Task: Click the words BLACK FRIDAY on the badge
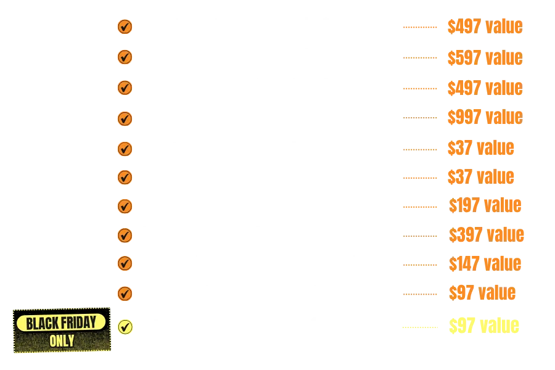[62, 323]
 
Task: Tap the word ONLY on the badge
[62, 340]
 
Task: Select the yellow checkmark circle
[125, 326]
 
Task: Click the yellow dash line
[419, 327]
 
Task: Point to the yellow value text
[485, 326]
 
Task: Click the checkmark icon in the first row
[125, 27]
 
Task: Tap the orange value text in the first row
[485, 27]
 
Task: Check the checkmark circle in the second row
[125, 57]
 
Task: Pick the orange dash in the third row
[419, 89]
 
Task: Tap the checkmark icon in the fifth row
[125, 149]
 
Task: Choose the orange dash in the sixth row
[419, 178]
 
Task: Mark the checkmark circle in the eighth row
[125, 235]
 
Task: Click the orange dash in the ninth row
[419, 265]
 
